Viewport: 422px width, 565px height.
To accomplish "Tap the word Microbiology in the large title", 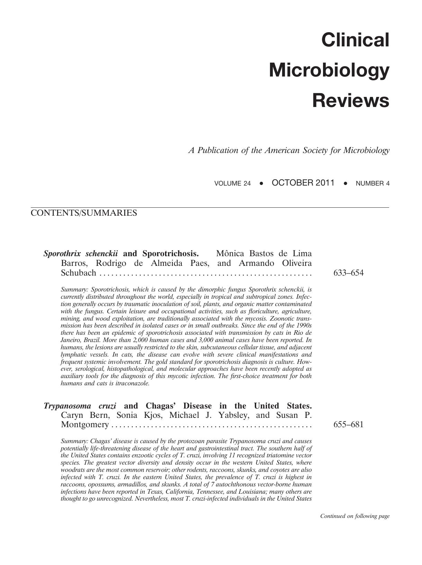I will (x=329, y=70).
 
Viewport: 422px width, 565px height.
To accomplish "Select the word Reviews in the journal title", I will (x=351, y=101).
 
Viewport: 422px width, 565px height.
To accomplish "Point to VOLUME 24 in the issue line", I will (x=232, y=183).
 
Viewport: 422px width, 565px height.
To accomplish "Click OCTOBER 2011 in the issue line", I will (x=303, y=183).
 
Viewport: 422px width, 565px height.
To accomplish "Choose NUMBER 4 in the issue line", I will (x=372, y=183).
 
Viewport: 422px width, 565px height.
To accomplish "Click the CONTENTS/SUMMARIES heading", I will (x=84, y=213).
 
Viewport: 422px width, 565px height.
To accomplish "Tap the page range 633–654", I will (x=348, y=273).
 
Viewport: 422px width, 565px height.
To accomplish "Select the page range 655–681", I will (x=348, y=424).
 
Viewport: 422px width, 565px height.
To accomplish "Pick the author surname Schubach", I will (x=78, y=273).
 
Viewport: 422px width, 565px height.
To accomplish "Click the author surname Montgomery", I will (x=85, y=424).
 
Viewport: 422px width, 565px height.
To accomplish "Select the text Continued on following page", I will (x=354, y=516).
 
